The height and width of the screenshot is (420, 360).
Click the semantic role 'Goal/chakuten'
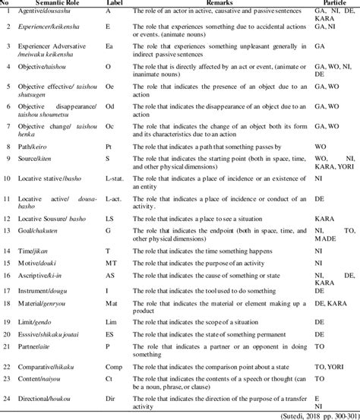47,253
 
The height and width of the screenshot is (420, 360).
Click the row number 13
8,253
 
